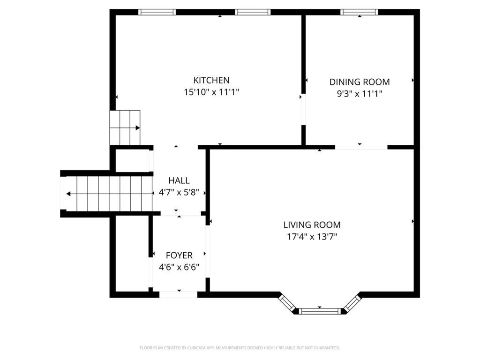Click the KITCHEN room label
pos(211,80)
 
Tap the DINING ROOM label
pos(360,82)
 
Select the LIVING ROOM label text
pos(312,225)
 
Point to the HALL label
pos(179,180)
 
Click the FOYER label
pos(179,255)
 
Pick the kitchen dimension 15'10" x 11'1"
pos(211,92)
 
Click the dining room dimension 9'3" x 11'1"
pos(360,93)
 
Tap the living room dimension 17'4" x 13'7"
pos(312,237)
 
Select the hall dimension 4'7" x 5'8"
pos(179,192)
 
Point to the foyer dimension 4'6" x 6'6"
pos(179,267)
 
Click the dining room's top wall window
pos(359,12)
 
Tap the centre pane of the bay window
pos(320,312)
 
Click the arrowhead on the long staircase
pos(68,194)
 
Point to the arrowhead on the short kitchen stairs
pos(138,128)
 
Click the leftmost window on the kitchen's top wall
pos(157,12)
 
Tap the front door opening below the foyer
pos(179,295)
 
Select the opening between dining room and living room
pos(361,148)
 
